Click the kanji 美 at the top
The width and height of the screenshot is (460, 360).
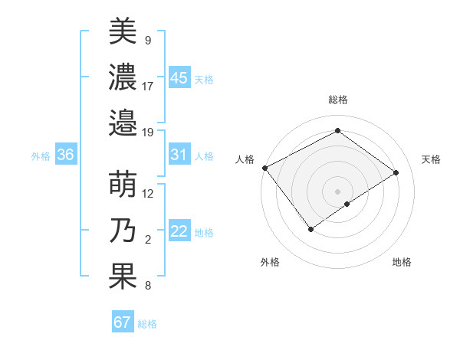point(123,31)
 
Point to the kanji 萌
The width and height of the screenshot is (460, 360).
point(123,185)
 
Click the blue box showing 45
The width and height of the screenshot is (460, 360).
point(179,77)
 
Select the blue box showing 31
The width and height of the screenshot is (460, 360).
point(179,155)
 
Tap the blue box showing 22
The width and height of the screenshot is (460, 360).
point(179,231)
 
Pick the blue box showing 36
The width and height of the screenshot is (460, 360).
point(65,155)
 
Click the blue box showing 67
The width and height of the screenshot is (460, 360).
point(123,322)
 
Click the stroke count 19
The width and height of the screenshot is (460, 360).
point(148,132)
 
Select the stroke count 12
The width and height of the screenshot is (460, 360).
point(148,193)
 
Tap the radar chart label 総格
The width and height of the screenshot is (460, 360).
point(337,100)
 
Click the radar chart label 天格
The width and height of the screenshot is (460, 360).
point(432,159)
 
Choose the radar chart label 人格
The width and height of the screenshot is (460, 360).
point(245,159)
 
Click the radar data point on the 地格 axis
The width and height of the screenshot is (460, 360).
point(347,204)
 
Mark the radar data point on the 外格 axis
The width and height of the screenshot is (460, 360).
point(310,228)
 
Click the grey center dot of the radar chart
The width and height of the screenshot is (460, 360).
point(337,190)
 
